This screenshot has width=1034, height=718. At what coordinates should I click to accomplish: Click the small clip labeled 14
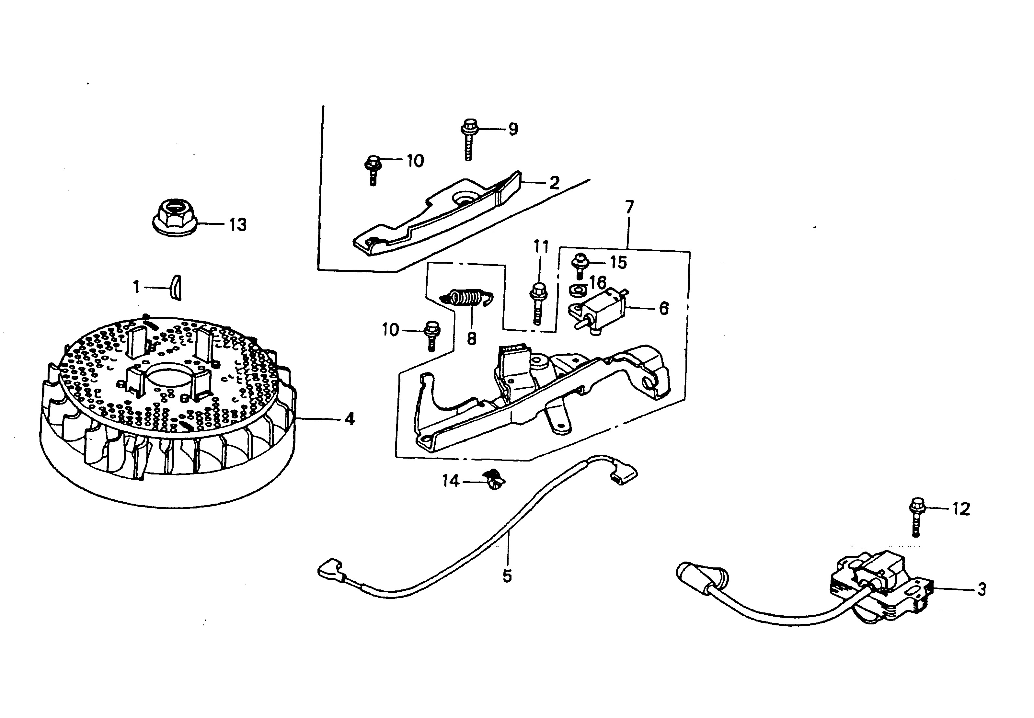pos(494,481)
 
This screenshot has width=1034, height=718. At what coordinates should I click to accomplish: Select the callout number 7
pos(629,207)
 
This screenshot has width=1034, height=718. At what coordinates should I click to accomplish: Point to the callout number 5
pos(507,576)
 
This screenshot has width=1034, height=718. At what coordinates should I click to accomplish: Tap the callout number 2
pos(554,183)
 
